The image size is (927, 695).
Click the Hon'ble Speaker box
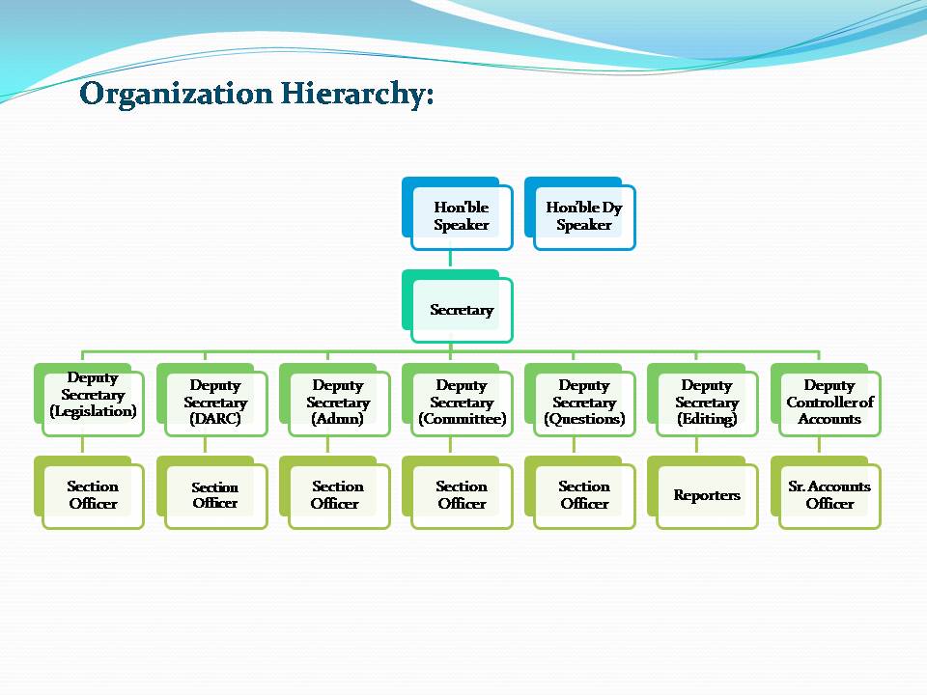click(457, 214)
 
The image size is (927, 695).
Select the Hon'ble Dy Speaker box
click(580, 214)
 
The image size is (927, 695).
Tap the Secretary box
click(457, 306)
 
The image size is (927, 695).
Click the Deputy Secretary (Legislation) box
click(89, 400)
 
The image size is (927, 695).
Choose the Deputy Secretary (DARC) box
click(212, 400)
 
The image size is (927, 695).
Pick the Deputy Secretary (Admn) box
click(335, 400)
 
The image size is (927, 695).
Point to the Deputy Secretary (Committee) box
click(457, 400)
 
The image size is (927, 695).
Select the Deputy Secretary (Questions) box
click(580, 400)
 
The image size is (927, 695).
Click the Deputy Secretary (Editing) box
click(703, 400)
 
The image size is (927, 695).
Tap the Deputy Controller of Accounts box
click(826, 400)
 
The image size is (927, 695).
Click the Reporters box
click(703, 492)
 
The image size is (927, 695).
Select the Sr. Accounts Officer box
click(826, 492)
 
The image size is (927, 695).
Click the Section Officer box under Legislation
click(89, 492)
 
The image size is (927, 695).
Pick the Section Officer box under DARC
click(212, 492)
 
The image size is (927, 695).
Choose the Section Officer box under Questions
click(580, 492)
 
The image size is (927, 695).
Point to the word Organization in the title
click(176, 95)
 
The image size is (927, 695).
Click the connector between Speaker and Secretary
click(451, 260)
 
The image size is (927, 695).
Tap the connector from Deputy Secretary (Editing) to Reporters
click(696, 446)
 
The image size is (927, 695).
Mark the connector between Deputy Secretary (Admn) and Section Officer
click(328, 446)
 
